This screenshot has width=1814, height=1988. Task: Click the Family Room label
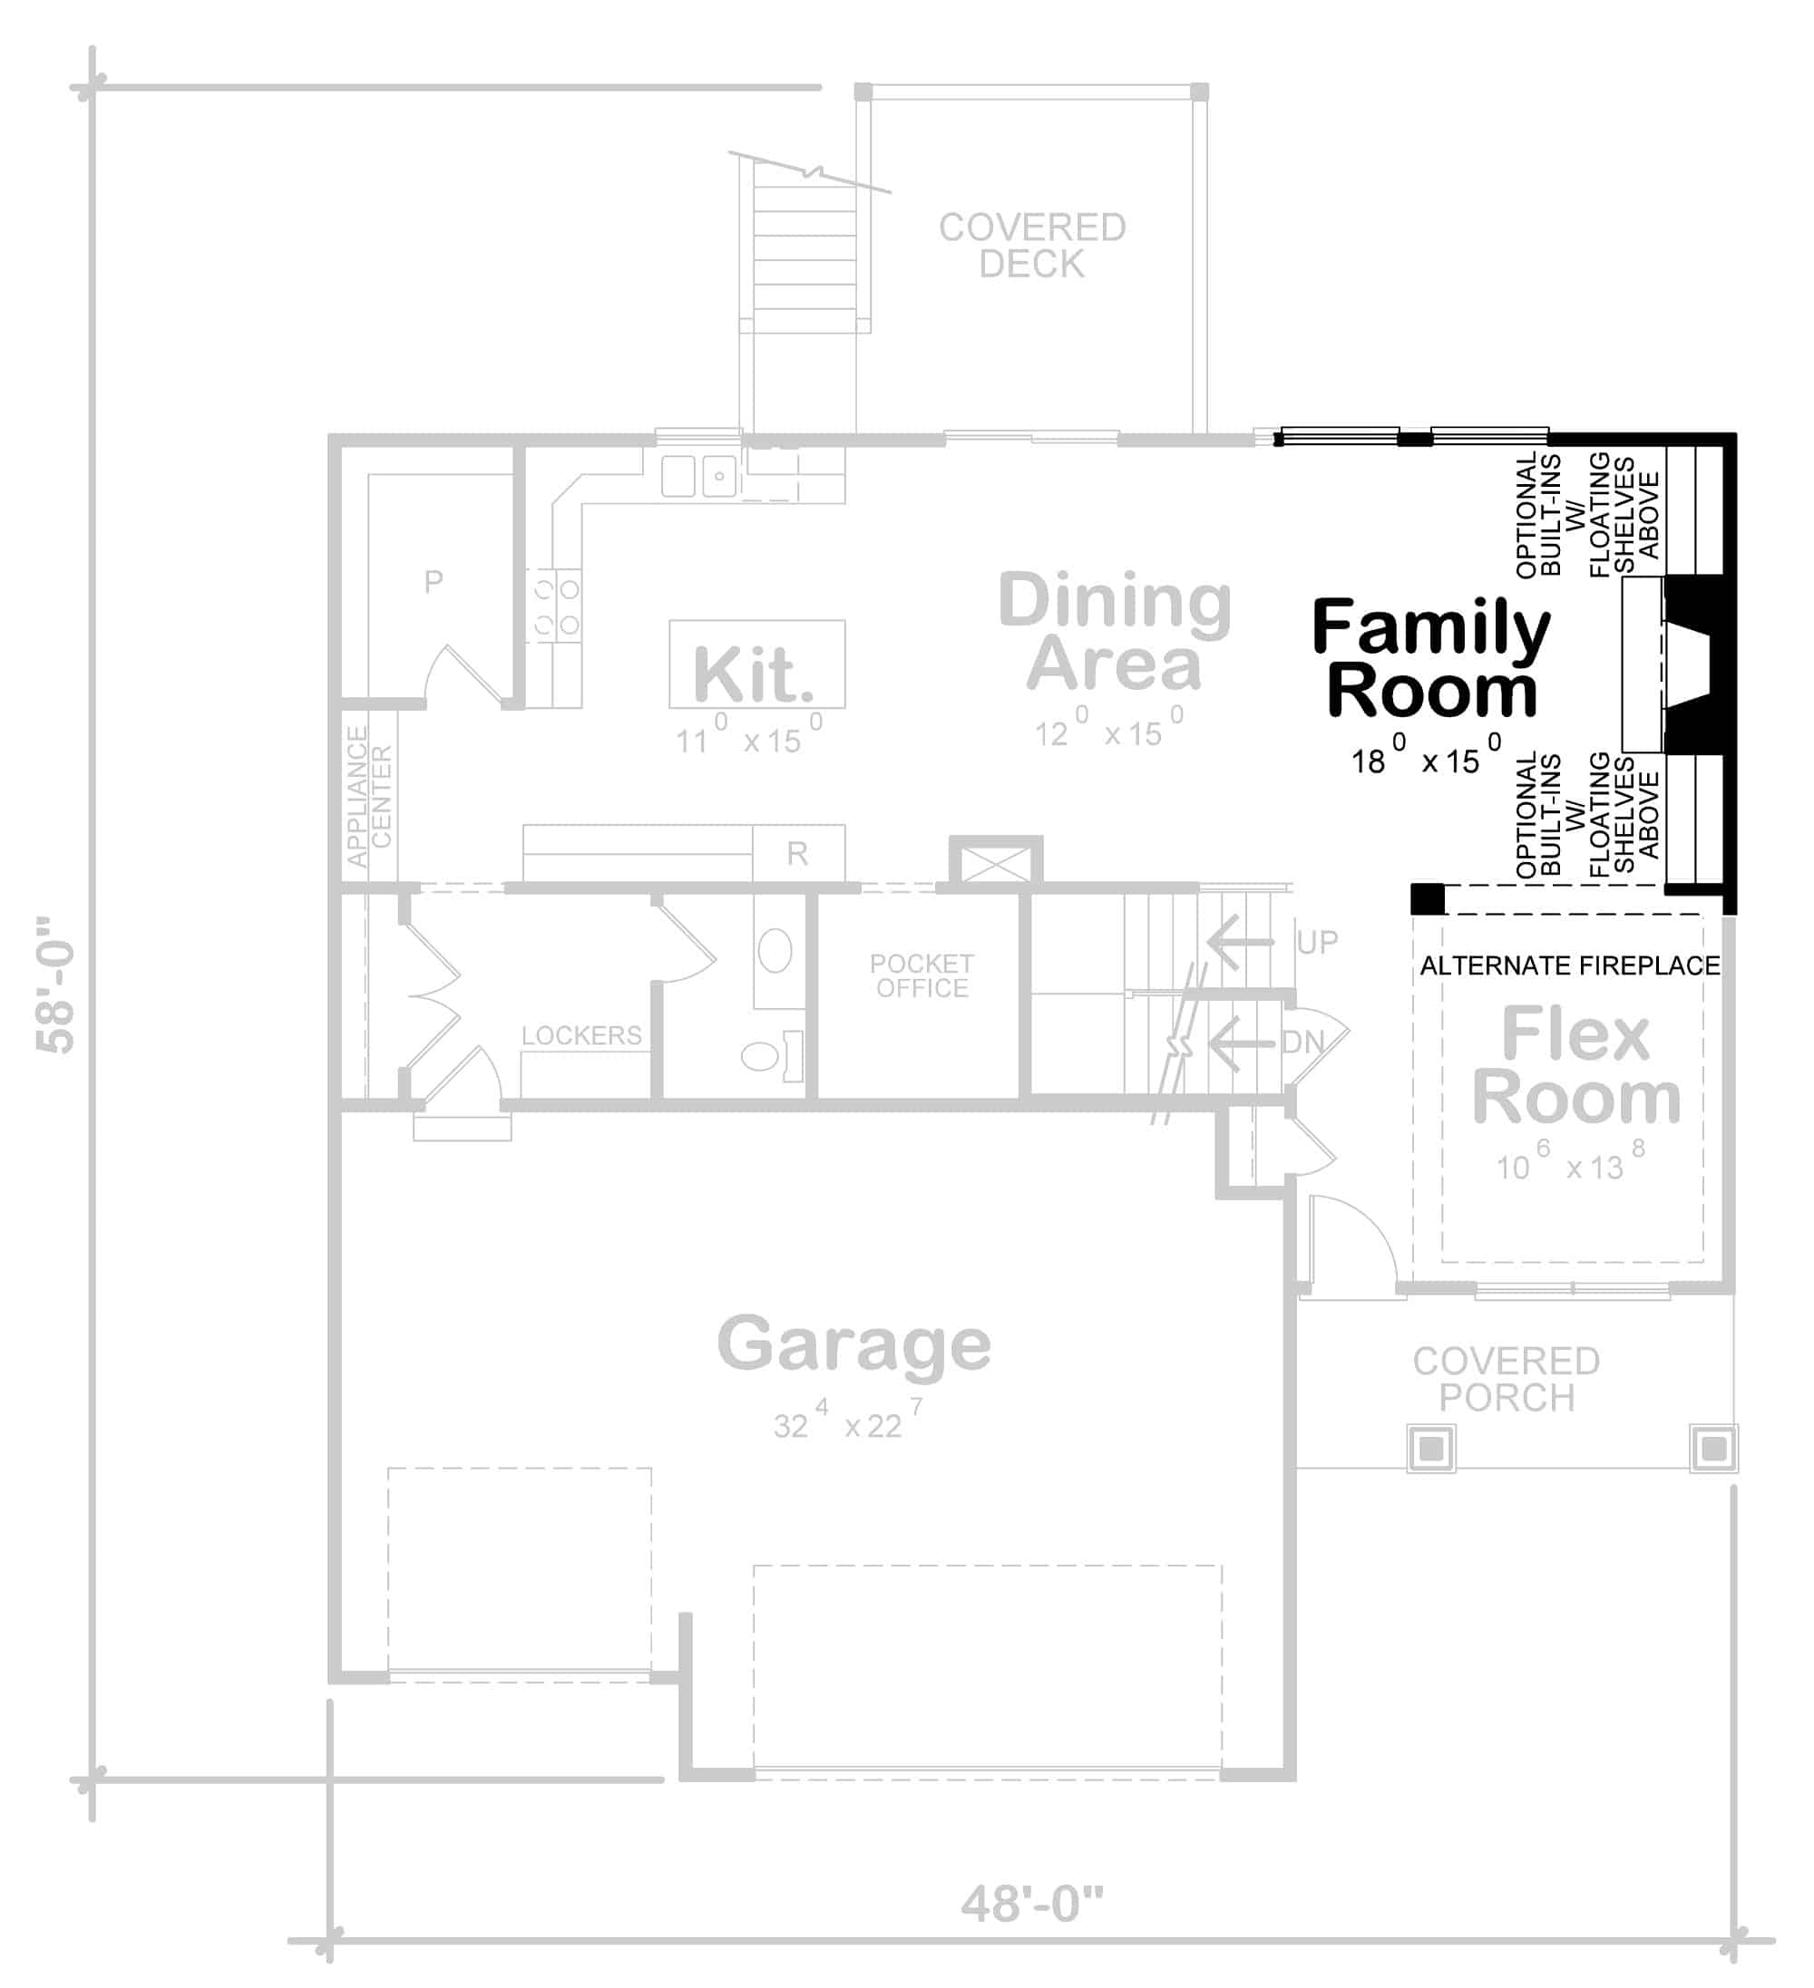point(1430,658)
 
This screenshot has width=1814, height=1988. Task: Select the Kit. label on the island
point(754,675)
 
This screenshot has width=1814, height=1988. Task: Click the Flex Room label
point(1576,1066)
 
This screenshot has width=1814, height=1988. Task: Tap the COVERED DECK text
point(1032,246)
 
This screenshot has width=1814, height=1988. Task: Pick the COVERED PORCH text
point(1507,1380)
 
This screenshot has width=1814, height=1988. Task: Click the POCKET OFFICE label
point(922,975)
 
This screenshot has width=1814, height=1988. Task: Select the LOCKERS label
point(581,1035)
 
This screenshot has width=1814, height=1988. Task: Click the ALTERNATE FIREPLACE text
point(1569,965)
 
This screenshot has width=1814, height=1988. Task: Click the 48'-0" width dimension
point(1032,1905)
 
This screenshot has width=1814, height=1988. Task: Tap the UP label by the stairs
point(1317,943)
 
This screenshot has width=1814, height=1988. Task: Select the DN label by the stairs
point(1303,1042)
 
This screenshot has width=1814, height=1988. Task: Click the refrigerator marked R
point(797,853)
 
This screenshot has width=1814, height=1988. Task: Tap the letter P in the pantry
point(433,582)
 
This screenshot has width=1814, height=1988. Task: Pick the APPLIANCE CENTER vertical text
point(369,797)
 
